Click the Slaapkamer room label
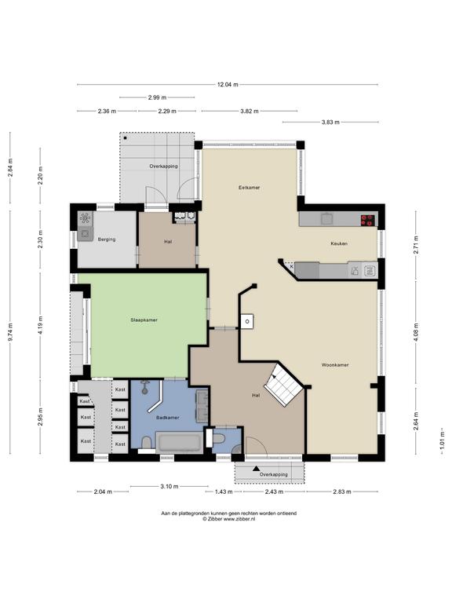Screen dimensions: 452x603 (x=144, y=320)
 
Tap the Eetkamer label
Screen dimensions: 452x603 (x=249, y=188)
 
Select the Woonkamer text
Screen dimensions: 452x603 (x=335, y=364)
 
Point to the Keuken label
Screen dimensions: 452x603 (x=339, y=243)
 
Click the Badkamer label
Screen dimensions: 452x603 (x=168, y=417)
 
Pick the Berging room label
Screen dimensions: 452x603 (x=107, y=239)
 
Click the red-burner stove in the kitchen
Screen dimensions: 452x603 (x=367, y=220)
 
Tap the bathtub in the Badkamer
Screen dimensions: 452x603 (x=179, y=442)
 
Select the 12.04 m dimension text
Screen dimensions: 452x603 (x=228, y=85)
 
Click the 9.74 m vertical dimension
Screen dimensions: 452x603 (x=10, y=331)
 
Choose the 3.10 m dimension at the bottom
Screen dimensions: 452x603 (x=169, y=487)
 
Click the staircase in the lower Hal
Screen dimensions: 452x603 (x=283, y=385)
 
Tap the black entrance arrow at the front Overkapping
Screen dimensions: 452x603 (x=256, y=469)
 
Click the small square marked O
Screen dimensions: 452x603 (x=247, y=321)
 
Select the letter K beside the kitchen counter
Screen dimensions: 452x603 (x=292, y=266)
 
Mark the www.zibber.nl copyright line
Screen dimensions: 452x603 (x=229, y=519)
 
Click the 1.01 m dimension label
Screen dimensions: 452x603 (x=443, y=437)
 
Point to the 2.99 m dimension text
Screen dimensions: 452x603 (x=157, y=97)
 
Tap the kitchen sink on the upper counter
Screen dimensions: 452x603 (x=327, y=219)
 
